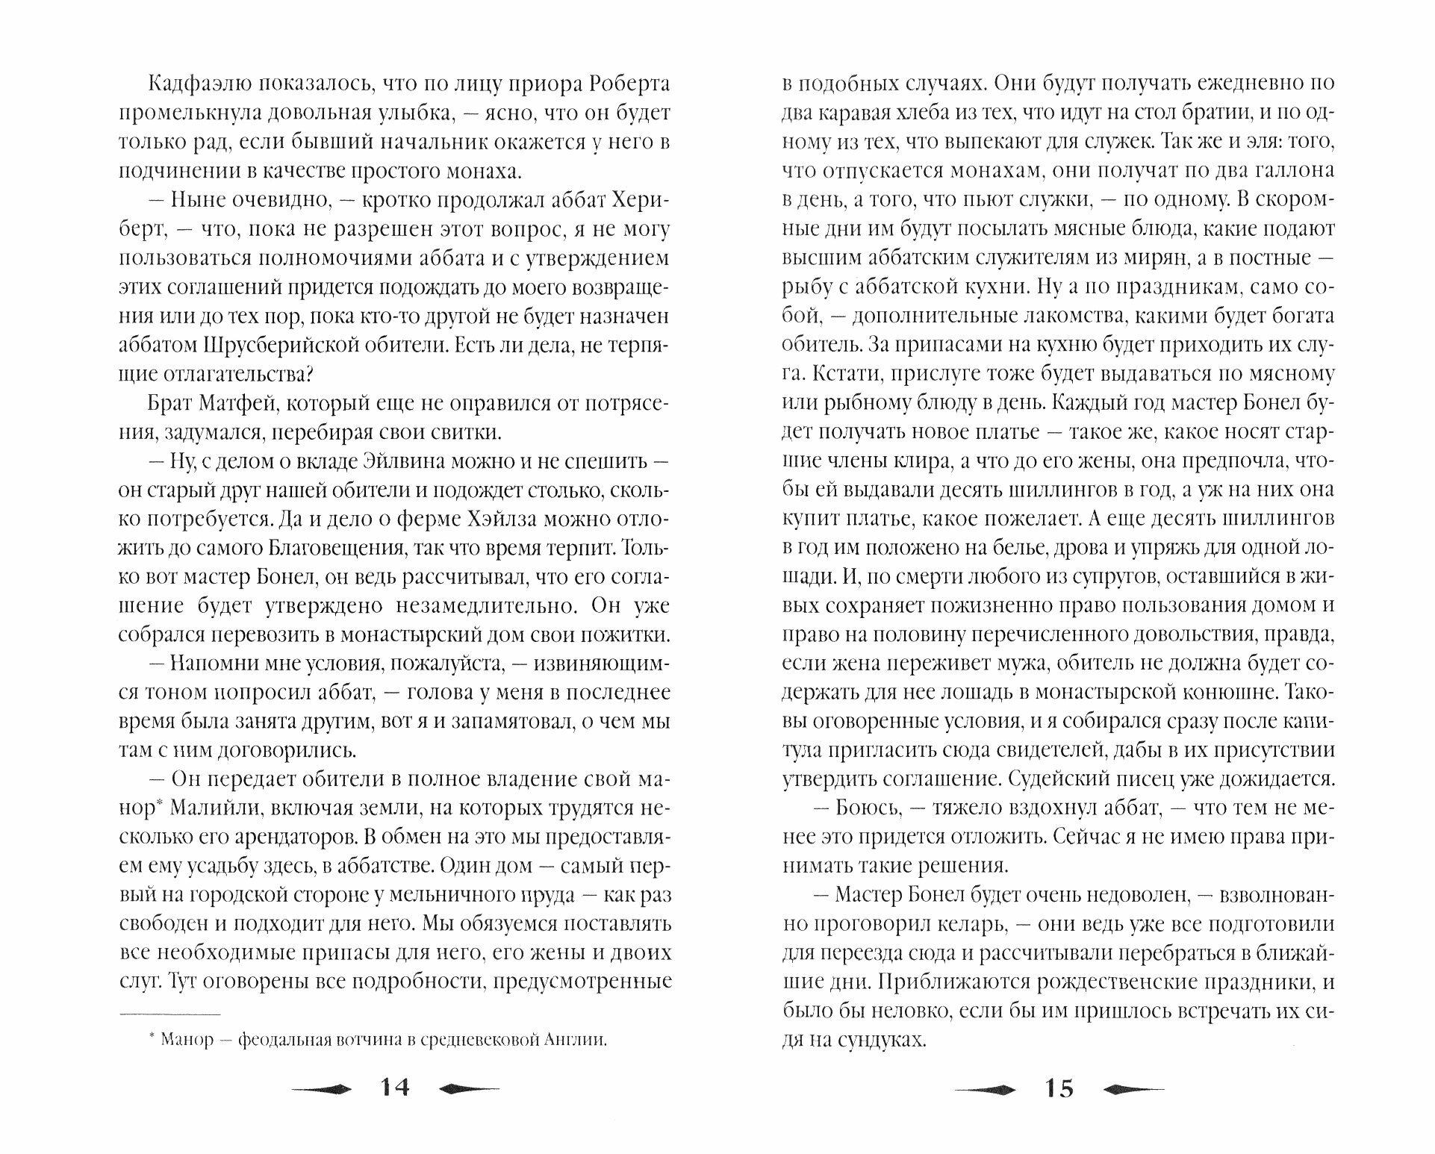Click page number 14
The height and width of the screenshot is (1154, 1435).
pyautogui.click(x=394, y=1088)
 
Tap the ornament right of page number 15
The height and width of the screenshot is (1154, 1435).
pyautogui.click(x=1134, y=1090)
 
